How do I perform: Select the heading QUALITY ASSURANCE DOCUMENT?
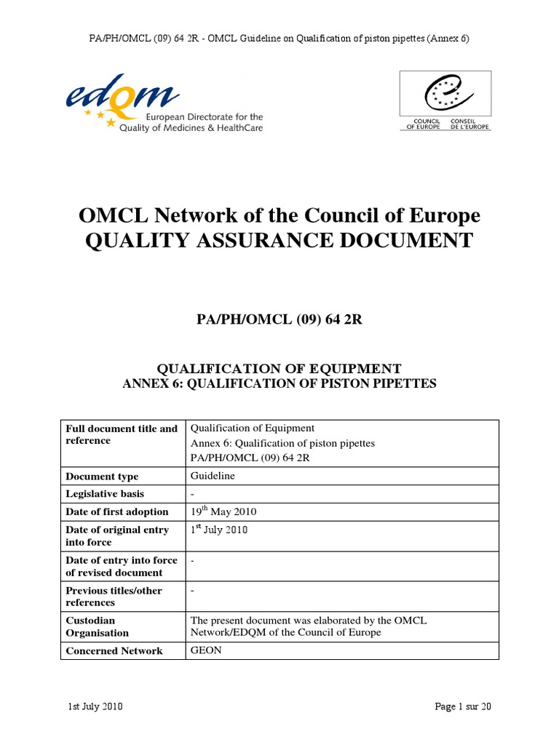coord(279,241)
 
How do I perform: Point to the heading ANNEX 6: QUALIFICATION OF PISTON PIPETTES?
coord(279,383)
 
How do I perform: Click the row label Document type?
coord(102,477)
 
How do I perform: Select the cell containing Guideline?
coord(213,476)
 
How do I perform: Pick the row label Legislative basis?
coord(105,495)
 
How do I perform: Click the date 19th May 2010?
coord(223,512)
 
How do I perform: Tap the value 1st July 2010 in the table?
coord(218,530)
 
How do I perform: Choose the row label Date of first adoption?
coord(116,512)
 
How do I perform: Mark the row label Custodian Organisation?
coord(97,626)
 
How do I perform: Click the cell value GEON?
coord(205,650)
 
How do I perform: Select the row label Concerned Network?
coord(114,651)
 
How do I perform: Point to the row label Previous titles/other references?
coord(114,597)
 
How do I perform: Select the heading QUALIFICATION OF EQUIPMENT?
coord(279,369)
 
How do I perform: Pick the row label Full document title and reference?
coord(121,434)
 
